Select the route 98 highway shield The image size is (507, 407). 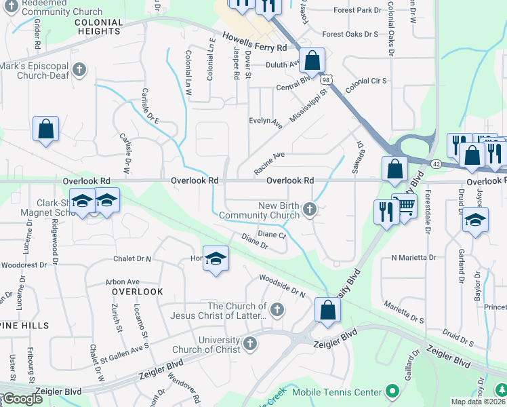[x=327, y=80]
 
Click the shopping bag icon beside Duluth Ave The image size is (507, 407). [x=312, y=61]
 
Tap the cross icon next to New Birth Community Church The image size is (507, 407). [x=310, y=210]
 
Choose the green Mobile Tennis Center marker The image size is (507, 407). [x=391, y=391]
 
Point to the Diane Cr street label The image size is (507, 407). [x=272, y=234]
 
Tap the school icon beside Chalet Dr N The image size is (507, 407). [x=216, y=260]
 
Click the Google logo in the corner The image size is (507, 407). [x=22, y=399]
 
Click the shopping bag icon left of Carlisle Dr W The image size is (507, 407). [x=45, y=130]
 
